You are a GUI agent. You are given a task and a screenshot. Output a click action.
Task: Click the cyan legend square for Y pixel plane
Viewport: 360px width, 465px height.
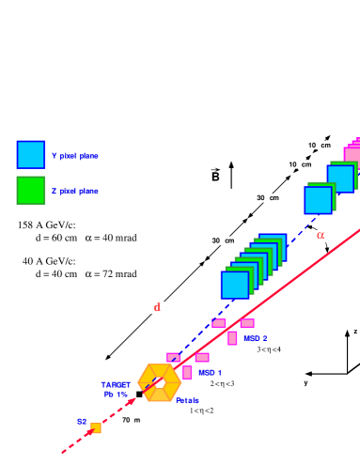point(31,155)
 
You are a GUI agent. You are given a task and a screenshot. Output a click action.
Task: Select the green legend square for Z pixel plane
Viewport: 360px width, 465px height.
point(31,190)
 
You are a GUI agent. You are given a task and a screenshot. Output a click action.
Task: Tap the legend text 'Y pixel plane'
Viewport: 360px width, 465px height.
point(75,156)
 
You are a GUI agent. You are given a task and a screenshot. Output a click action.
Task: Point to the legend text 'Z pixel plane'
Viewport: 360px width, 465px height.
point(75,191)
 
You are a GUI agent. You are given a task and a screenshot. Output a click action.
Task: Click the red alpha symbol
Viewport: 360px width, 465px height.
point(320,236)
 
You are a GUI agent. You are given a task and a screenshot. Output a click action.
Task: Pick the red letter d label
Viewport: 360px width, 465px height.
point(157,307)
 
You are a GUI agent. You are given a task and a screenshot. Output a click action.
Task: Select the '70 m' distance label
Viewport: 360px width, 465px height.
point(131,420)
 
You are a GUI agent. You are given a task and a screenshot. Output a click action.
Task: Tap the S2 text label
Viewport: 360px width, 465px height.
point(82,422)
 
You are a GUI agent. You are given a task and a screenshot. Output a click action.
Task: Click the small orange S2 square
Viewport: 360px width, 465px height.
point(96,428)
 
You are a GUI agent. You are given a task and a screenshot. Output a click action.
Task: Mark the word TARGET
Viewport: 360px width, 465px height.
point(116,384)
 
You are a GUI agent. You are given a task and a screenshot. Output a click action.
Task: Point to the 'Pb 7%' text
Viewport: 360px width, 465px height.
point(116,395)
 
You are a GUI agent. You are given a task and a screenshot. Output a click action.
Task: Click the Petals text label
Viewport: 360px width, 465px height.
point(187,400)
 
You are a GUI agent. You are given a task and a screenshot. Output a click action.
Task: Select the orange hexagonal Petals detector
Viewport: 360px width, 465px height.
point(159,382)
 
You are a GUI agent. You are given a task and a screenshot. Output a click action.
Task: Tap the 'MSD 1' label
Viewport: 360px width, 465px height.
point(210,373)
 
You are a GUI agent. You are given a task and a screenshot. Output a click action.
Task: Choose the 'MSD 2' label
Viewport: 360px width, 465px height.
point(256,338)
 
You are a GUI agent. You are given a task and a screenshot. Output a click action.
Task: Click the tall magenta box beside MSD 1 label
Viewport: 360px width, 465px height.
point(187,372)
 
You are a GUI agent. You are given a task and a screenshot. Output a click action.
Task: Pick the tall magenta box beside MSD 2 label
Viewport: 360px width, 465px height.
point(232,338)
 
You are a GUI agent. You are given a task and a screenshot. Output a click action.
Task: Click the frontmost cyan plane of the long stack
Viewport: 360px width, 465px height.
point(235,285)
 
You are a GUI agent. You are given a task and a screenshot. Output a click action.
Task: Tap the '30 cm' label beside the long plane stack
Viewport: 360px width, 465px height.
point(226,240)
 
